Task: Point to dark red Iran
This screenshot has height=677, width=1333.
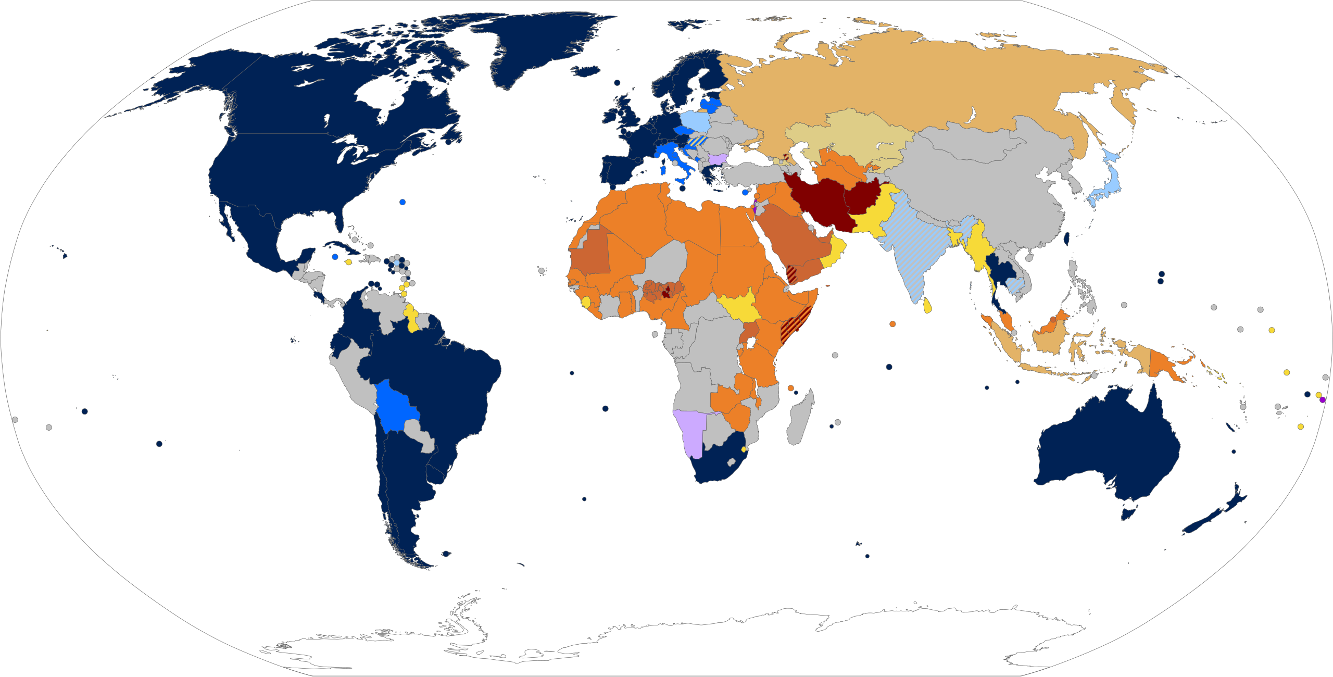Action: click(x=818, y=203)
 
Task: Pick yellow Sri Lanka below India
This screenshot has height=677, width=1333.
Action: click(x=927, y=306)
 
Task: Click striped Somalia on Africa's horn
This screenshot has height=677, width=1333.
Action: click(x=794, y=325)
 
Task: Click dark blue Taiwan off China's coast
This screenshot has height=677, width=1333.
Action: click(x=1065, y=239)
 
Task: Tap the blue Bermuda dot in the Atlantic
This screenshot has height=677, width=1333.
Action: click(x=403, y=202)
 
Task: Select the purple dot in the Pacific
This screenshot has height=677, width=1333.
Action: click(x=1323, y=400)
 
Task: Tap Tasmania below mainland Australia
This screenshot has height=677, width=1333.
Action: click(x=1127, y=514)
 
